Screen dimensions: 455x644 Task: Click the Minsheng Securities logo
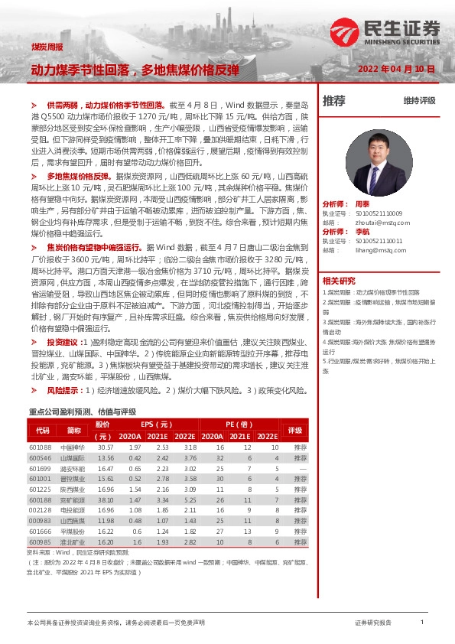(x=386, y=31)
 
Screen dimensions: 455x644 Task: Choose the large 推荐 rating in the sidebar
(x=334, y=101)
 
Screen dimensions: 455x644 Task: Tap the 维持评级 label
(x=419, y=101)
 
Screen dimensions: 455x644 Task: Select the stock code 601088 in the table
(x=40, y=447)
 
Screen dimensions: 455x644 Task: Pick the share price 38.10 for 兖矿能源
(x=106, y=499)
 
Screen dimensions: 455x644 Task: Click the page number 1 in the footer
(x=422, y=623)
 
